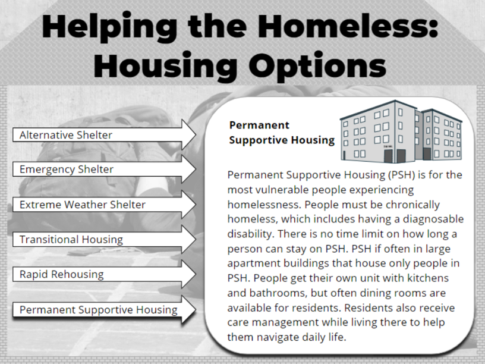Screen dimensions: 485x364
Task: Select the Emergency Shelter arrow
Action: (104, 170)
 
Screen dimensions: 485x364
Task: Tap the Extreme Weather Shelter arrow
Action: (104, 205)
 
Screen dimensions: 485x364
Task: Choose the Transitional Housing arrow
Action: (104, 239)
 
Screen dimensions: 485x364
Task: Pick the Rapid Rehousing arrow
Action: (104, 274)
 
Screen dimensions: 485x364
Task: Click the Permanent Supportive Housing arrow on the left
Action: (104, 309)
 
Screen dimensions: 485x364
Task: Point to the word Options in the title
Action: (317, 66)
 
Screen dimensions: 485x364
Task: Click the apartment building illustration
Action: (401, 132)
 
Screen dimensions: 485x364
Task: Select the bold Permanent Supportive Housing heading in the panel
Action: (282, 133)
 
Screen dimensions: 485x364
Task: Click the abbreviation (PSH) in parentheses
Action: (401, 175)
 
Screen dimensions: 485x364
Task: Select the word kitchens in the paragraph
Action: (428, 278)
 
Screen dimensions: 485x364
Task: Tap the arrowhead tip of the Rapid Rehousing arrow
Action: (196, 274)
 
